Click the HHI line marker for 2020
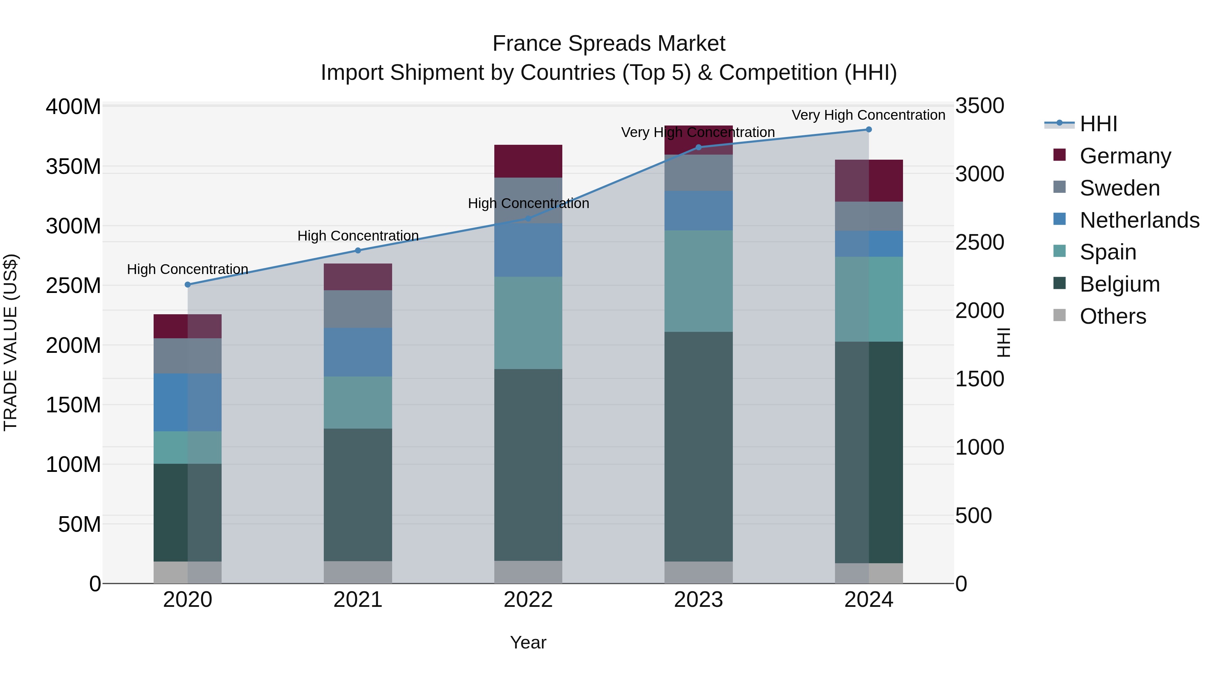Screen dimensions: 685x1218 pos(188,284)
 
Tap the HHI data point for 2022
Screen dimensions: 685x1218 pos(528,219)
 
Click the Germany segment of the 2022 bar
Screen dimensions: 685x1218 pos(528,161)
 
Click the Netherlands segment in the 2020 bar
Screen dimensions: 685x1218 pos(188,402)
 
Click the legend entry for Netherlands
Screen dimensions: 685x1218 pos(1139,220)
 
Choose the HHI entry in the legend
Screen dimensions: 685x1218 pos(1098,124)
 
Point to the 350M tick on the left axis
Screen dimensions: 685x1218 pos(73,167)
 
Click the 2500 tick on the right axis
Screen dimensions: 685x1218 pos(980,243)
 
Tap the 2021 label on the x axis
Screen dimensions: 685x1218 pos(358,600)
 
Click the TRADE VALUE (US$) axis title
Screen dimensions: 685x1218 pos(11,342)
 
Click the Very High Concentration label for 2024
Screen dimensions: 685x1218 pos(868,115)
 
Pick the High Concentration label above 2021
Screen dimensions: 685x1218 pos(358,235)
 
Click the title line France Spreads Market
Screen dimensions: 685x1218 pos(609,44)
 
